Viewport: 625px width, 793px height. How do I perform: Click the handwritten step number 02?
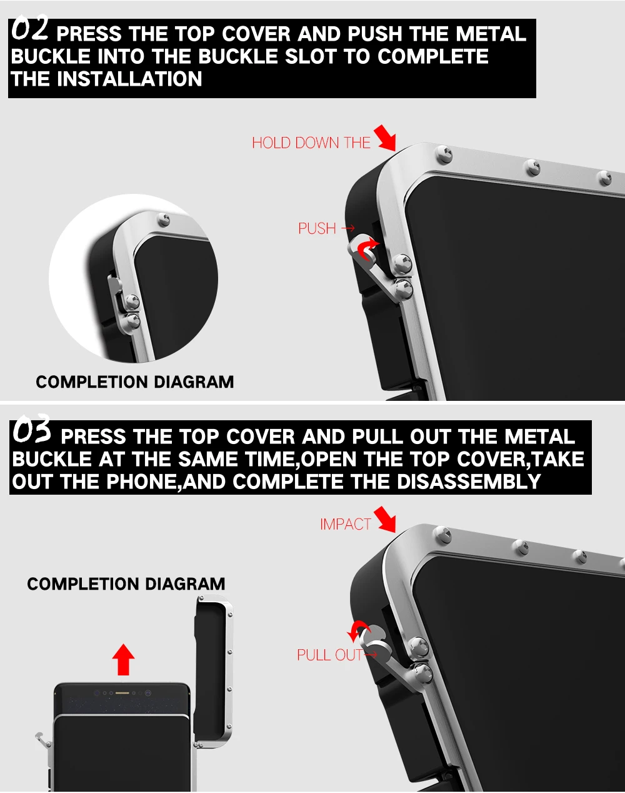tap(29, 28)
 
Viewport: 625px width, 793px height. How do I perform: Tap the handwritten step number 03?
tap(32, 428)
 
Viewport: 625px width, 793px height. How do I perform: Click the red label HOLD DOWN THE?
tap(311, 143)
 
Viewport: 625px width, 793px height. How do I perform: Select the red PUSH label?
tap(317, 228)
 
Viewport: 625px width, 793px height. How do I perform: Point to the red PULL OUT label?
tap(329, 655)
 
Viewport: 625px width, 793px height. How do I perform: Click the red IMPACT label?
tap(346, 524)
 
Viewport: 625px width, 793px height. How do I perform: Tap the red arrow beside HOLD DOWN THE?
tap(385, 138)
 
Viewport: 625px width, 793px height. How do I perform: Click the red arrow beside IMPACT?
tap(385, 519)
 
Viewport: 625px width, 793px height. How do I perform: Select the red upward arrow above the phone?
tap(123, 660)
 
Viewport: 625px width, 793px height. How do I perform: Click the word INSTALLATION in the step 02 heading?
tap(129, 79)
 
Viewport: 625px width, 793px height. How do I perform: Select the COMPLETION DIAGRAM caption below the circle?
tap(135, 382)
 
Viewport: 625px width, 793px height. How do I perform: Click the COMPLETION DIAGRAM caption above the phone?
tap(126, 584)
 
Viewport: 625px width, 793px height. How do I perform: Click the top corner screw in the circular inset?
tap(163, 220)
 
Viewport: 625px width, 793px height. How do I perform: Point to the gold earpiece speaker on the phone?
tap(122, 693)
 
